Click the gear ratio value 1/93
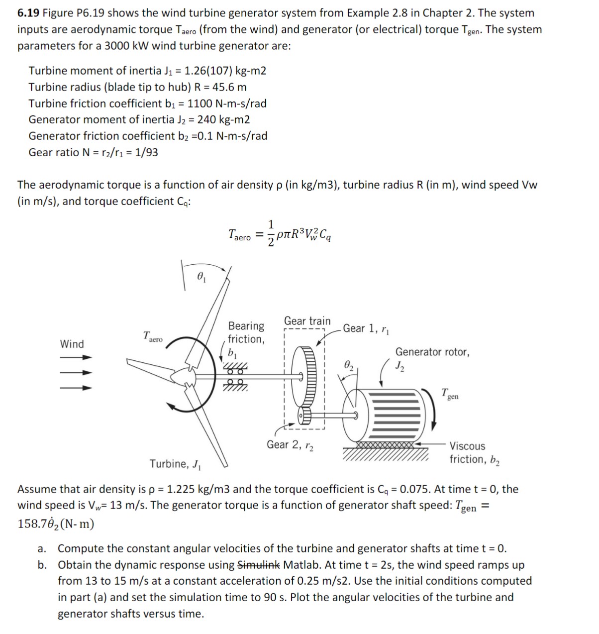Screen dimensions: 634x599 tap(146, 152)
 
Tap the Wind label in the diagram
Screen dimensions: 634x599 tap(72, 344)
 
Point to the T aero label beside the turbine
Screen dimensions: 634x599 tap(152, 337)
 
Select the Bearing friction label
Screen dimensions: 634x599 tap(246, 332)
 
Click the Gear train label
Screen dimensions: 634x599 tap(307, 321)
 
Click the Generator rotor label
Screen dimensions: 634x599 tap(432, 352)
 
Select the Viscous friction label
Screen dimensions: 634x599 tap(474, 453)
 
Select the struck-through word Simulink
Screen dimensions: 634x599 tap(259, 565)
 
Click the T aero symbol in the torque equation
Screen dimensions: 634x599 tap(239, 235)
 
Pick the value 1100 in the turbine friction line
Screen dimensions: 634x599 tap(201, 104)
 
